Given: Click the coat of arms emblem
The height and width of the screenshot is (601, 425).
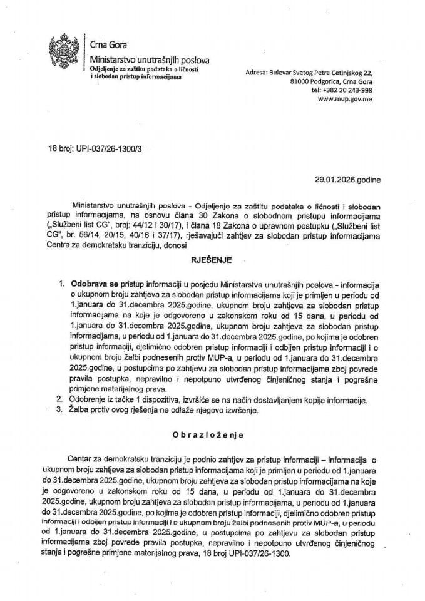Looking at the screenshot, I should tap(64, 51).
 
